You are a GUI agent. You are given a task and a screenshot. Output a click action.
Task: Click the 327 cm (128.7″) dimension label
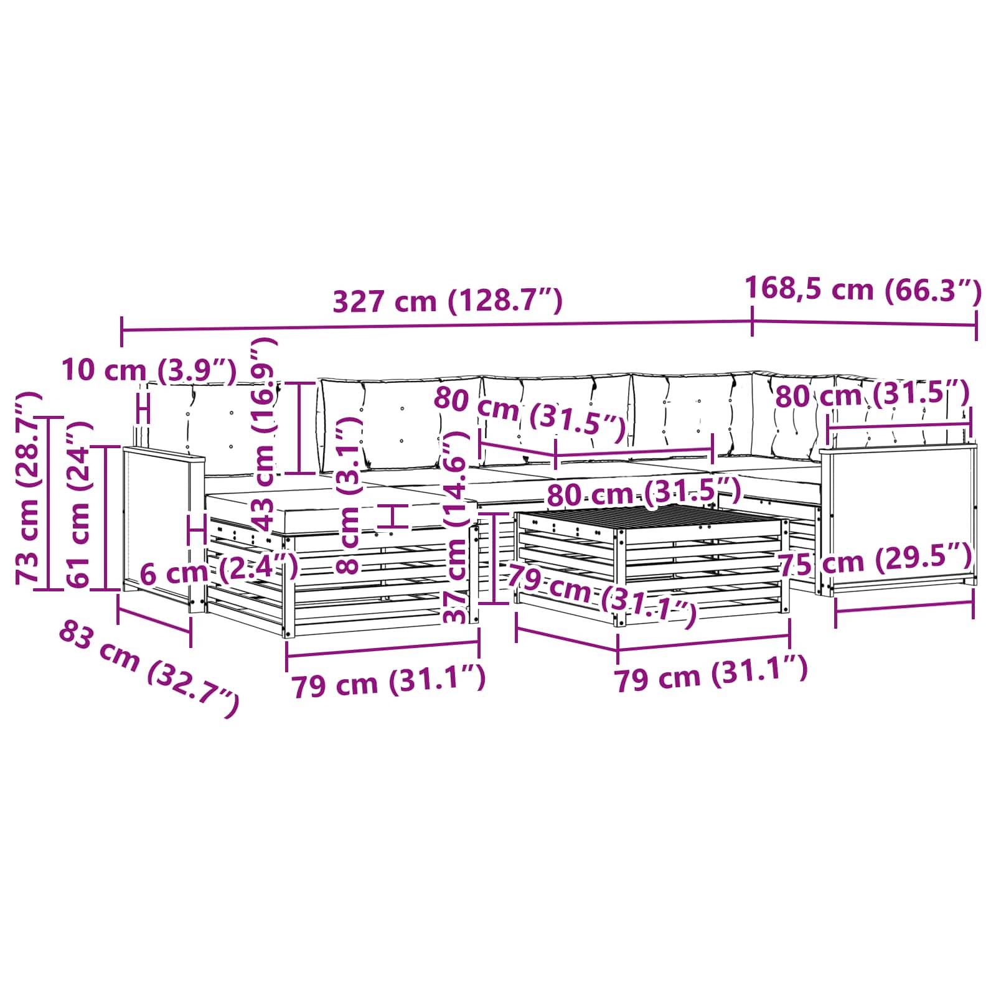[x=448, y=301]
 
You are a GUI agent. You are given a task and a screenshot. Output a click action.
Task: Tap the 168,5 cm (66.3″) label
[x=863, y=289]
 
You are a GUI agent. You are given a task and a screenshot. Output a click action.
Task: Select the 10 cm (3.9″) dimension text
[x=149, y=370]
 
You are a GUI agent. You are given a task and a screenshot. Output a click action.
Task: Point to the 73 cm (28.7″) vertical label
[x=30, y=487]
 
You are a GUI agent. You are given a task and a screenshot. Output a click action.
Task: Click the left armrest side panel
[x=157, y=527]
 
